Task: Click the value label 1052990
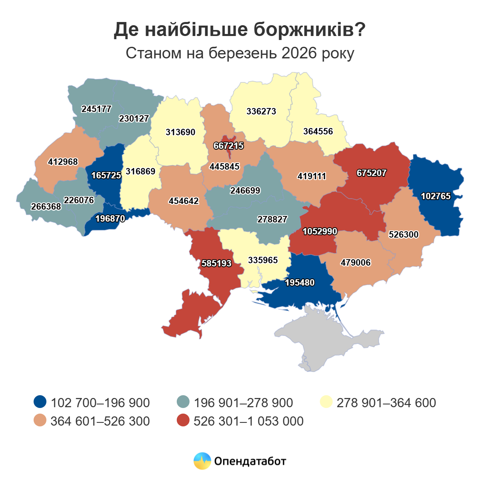320,232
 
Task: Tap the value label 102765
436,196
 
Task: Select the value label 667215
228,146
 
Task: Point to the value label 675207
371,173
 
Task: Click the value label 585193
216,264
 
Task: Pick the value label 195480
300,283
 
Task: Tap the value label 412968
63,162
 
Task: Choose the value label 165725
106,176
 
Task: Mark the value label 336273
261,112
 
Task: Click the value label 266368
46,207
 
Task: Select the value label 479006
355,263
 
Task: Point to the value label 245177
96,109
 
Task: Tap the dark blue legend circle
40,402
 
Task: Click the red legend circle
183,421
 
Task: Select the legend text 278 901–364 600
386,402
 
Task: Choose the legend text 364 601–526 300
100,421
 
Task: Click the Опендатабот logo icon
202,461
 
